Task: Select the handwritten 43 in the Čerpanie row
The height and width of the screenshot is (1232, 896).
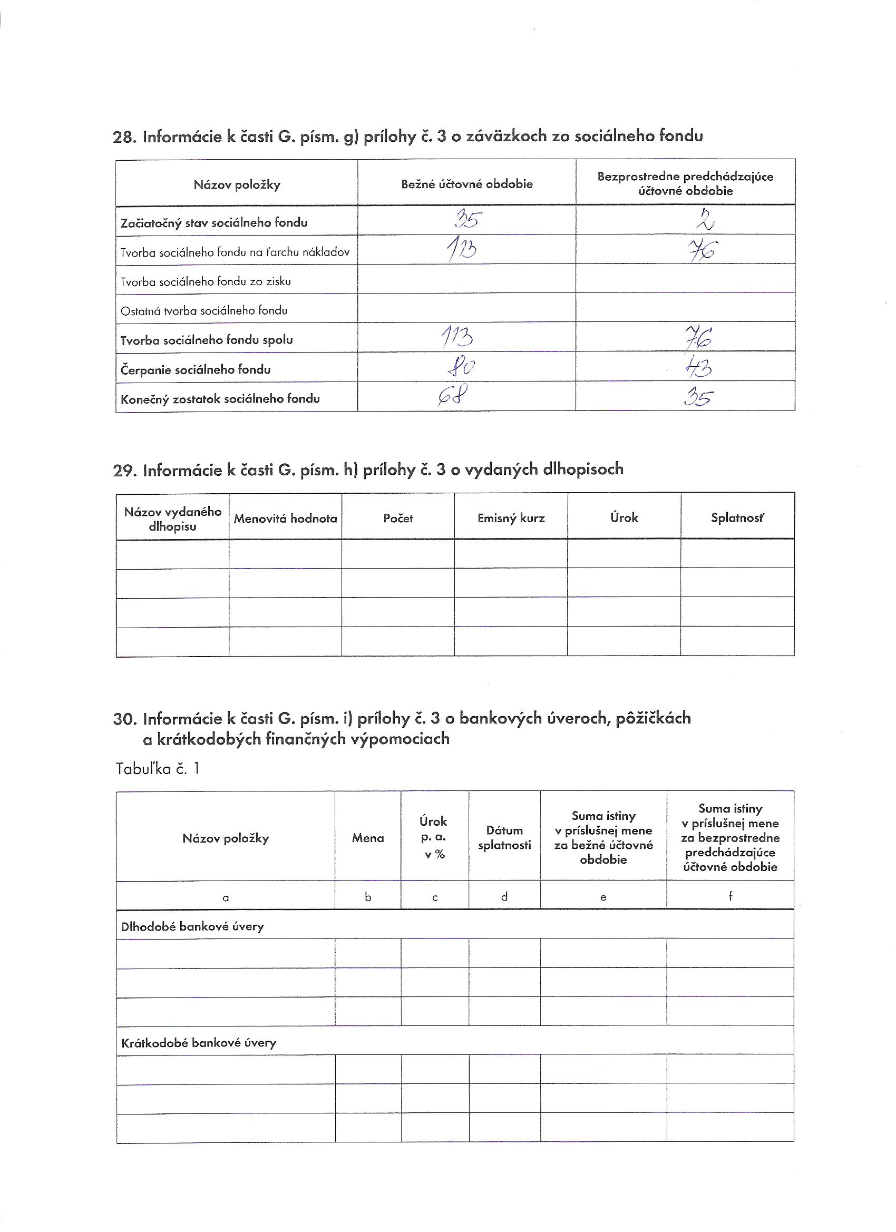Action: coord(698,368)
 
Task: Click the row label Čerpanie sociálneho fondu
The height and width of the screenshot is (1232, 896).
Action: coord(196,370)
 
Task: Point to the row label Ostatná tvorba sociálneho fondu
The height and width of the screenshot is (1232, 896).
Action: coord(204,311)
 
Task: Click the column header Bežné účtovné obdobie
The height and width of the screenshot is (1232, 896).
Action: coord(467,184)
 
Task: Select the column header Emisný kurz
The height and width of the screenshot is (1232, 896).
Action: coord(511,518)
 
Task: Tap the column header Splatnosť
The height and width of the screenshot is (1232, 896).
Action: coord(737,517)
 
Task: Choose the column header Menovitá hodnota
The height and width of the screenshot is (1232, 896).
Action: coord(285,518)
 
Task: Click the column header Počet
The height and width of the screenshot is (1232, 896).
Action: coord(398,518)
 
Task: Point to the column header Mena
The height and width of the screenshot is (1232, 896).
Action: coord(368,838)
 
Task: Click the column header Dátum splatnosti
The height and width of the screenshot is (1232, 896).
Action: coord(504,838)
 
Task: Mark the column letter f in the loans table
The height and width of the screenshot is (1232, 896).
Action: coord(731,896)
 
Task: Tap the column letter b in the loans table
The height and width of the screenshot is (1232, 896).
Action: coord(368,897)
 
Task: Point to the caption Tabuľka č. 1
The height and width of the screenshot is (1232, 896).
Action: coord(158,769)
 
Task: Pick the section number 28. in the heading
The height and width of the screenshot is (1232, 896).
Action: coord(124,138)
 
